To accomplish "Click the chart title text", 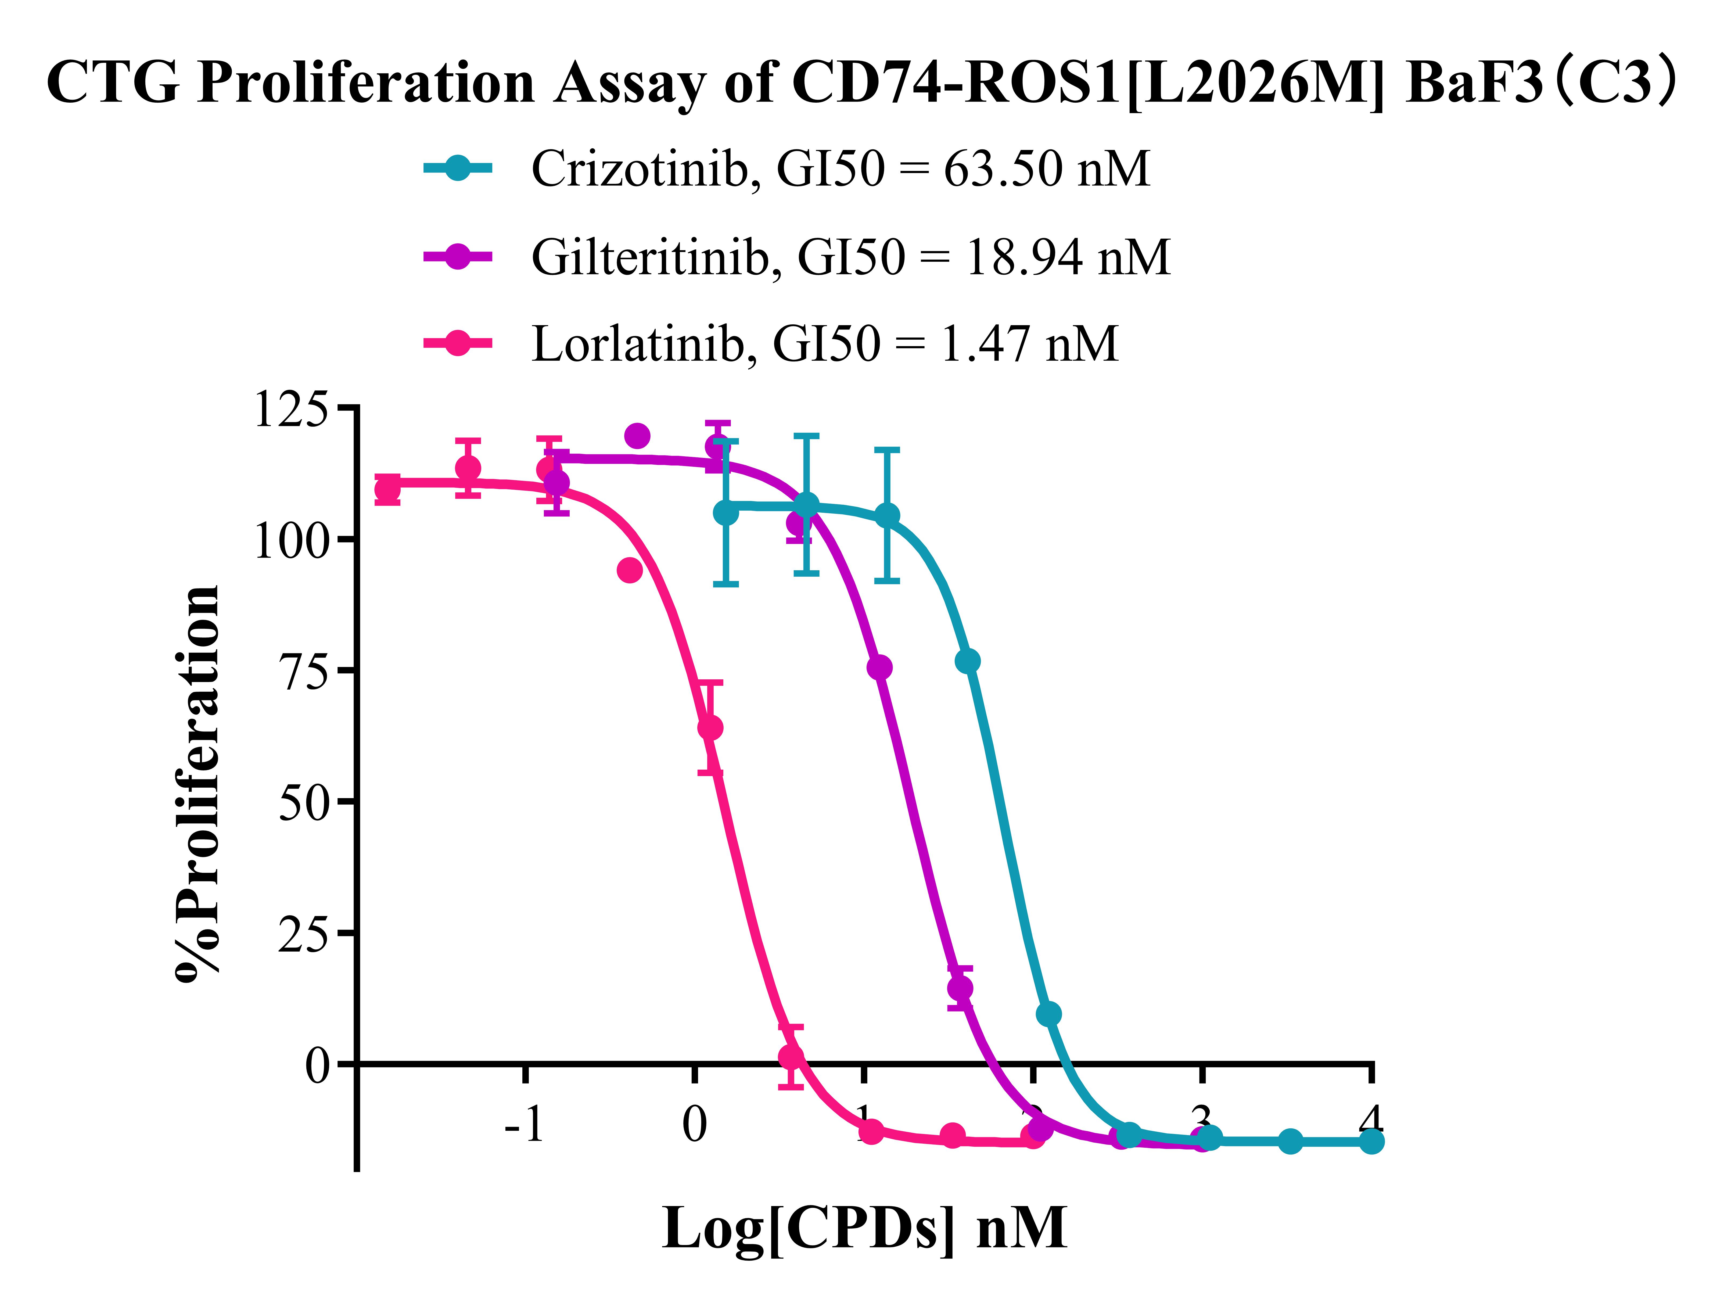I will click(861, 82).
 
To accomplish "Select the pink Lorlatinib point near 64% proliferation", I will click(710, 728).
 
